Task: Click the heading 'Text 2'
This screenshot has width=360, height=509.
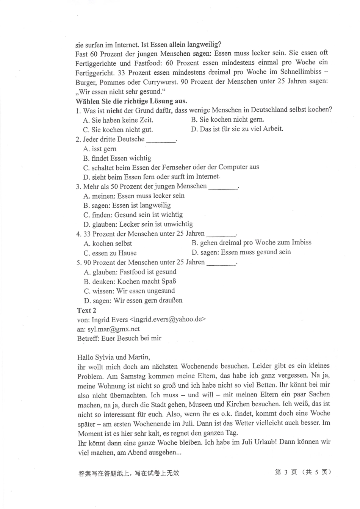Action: [86, 310]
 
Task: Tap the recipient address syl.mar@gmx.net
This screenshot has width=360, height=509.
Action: [113, 329]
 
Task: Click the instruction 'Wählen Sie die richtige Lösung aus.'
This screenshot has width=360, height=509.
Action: [131, 101]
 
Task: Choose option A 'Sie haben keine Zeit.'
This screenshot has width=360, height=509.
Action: [118, 120]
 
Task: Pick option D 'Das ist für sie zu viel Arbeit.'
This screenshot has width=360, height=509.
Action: [237, 129]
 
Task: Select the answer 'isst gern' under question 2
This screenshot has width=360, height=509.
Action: [100, 149]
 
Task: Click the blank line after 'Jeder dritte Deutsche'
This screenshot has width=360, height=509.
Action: [161, 140]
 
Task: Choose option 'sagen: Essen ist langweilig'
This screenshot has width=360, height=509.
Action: [127, 205]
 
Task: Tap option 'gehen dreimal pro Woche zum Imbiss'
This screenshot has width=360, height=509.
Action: [251, 243]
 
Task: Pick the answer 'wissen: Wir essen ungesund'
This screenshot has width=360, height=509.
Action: [129, 291]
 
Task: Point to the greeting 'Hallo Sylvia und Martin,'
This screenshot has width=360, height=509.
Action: [113, 357]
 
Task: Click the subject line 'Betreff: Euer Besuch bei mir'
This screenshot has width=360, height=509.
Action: [119, 338]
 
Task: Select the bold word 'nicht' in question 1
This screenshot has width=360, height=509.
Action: [114, 111]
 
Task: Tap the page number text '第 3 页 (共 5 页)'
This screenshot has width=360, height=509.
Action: [303, 472]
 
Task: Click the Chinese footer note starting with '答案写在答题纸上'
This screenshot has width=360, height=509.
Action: [128, 473]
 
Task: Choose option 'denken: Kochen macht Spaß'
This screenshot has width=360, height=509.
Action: [130, 282]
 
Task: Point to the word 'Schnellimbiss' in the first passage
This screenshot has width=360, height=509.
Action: [298, 72]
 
